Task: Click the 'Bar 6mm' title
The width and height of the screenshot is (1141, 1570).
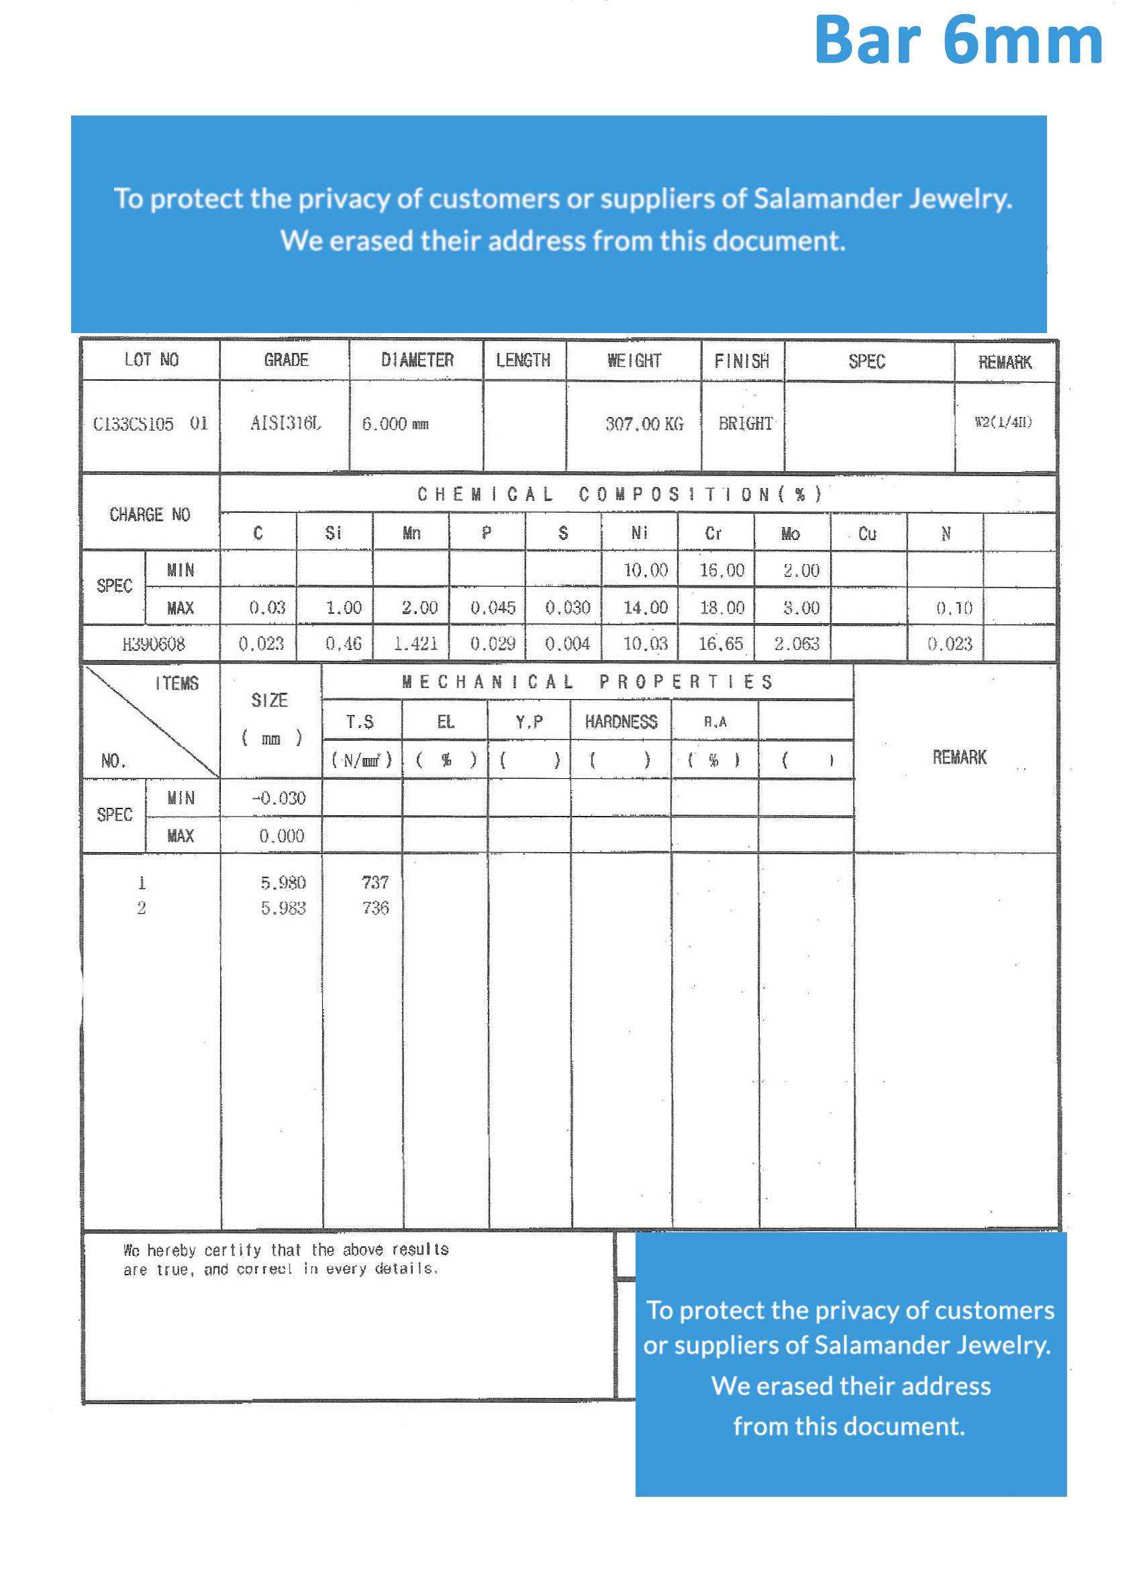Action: pos(958,42)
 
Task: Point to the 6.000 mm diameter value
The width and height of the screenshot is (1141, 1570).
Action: pos(395,424)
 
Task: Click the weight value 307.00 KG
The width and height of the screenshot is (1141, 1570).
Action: pos(644,424)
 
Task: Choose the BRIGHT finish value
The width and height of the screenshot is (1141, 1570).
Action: pos(745,423)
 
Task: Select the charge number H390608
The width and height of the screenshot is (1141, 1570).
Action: pos(154,644)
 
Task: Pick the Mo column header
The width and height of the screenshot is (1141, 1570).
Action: pos(790,533)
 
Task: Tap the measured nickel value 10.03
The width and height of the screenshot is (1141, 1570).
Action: pos(645,644)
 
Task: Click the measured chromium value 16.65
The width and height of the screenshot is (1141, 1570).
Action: pos(720,644)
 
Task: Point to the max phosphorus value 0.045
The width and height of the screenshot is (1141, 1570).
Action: pos(493,608)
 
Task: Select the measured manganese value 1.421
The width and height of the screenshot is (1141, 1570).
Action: pos(415,644)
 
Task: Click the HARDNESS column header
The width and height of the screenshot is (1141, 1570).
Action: pos(621,722)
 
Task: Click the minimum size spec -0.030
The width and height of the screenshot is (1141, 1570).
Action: pos(278,798)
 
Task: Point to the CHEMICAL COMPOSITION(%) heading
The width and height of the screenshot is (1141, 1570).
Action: pos(619,494)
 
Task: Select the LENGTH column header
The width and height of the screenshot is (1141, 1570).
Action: pos(523,360)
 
